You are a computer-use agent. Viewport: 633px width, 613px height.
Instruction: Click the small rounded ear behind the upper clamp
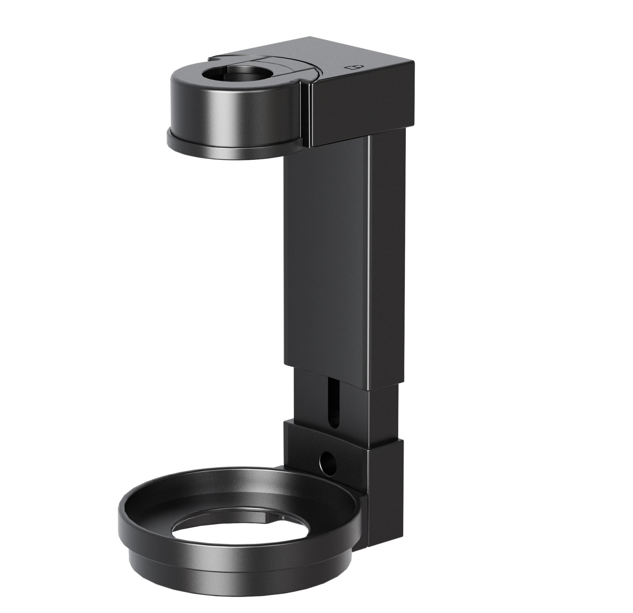point(216,58)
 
